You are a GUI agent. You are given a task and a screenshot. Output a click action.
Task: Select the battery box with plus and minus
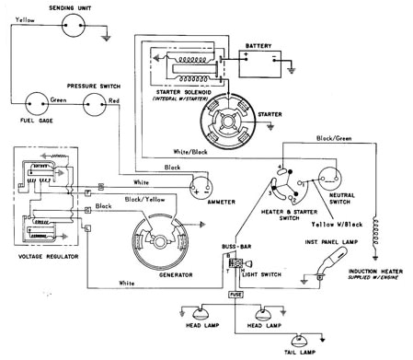(264, 63)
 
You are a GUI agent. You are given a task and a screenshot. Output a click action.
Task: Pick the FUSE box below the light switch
(235, 295)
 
